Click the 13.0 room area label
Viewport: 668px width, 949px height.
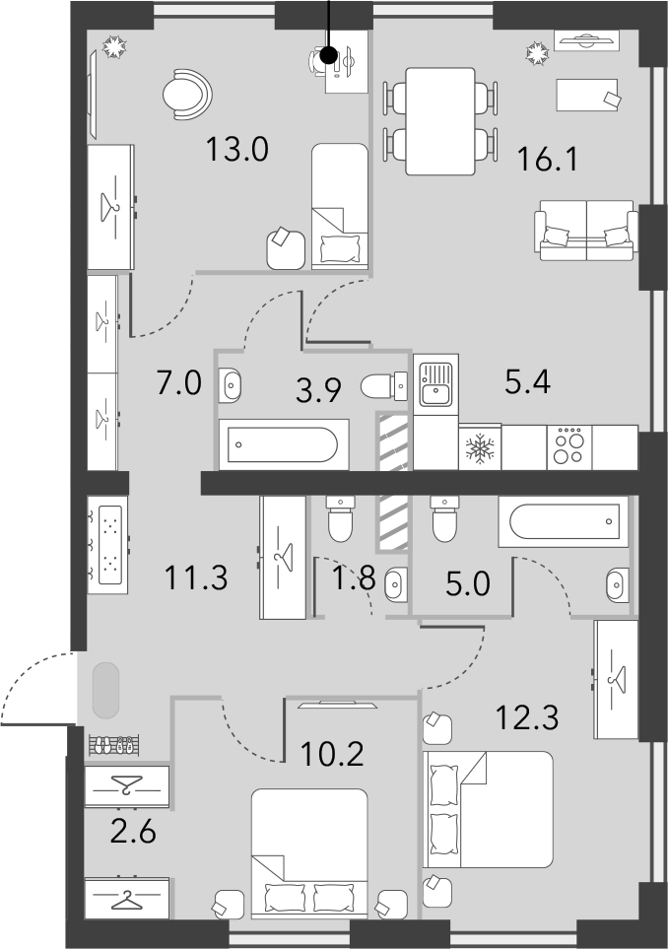click(x=236, y=150)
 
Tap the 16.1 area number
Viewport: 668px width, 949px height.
click(x=548, y=160)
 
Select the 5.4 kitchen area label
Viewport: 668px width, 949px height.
click(x=528, y=382)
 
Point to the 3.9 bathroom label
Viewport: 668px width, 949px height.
click(x=319, y=390)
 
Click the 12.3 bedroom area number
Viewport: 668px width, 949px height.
click(x=526, y=717)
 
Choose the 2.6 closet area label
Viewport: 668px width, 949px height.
click(x=133, y=831)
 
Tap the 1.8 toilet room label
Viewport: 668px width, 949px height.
click(x=354, y=578)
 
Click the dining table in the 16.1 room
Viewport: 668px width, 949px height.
click(x=440, y=121)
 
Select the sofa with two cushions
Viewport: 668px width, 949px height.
click(x=586, y=230)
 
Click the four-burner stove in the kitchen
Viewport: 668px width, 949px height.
click(x=569, y=446)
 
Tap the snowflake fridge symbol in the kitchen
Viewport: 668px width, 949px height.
click(x=480, y=448)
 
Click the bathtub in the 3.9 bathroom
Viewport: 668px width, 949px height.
click(x=283, y=444)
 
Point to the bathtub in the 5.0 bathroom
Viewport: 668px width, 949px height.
click(x=564, y=521)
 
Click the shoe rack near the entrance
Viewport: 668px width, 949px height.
click(x=117, y=745)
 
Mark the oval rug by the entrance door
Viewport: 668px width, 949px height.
click(x=105, y=691)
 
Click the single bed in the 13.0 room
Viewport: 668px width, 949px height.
click(x=340, y=206)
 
